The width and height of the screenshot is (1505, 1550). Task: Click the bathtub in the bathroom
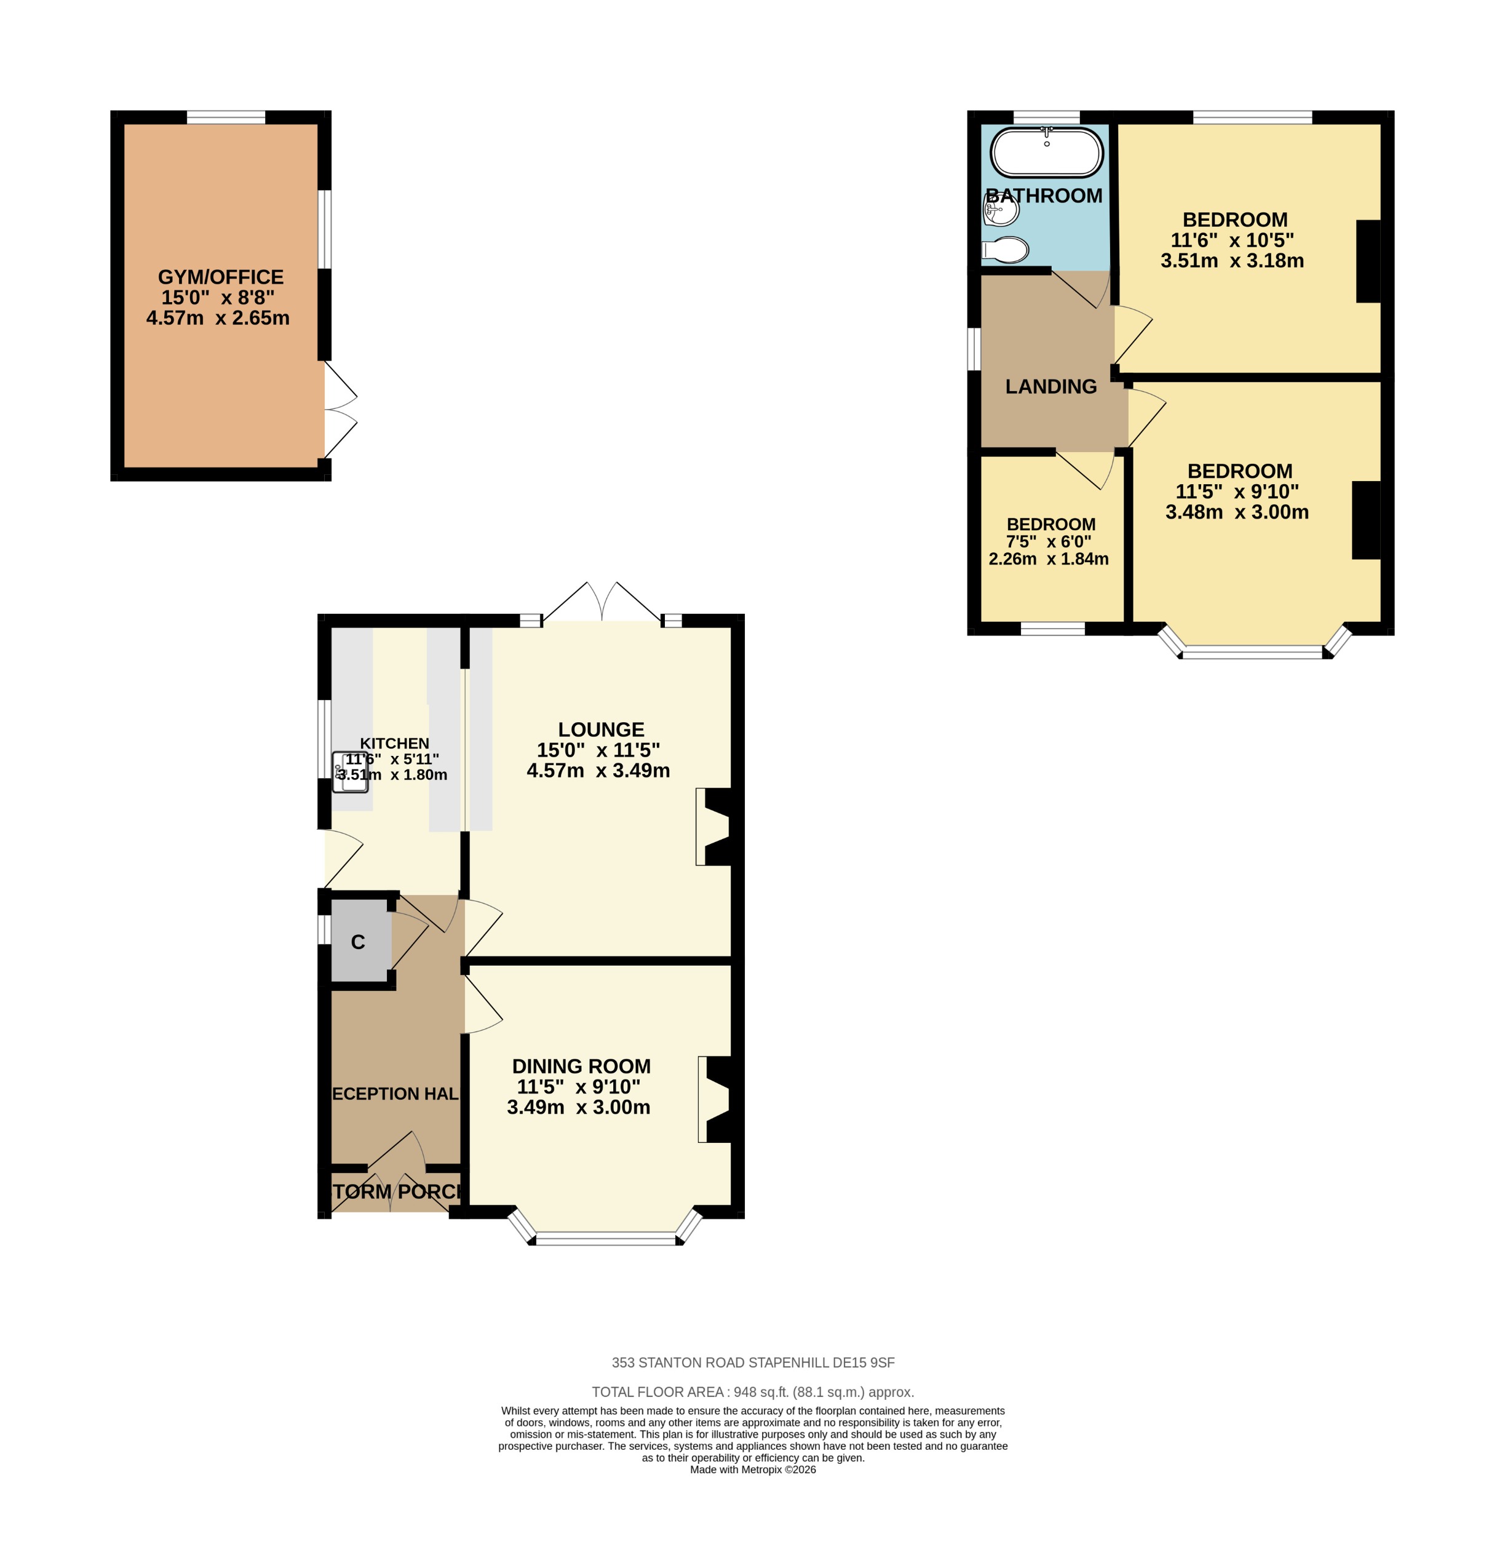[x=1046, y=153]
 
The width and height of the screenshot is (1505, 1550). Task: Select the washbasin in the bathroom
[x=1001, y=210]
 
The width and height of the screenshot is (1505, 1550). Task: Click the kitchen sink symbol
[x=349, y=772]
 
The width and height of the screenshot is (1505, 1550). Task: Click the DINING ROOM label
[x=581, y=1066]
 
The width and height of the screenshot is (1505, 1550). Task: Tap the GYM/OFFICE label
[x=221, y=277]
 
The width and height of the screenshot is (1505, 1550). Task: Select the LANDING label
[x=1050, y=387]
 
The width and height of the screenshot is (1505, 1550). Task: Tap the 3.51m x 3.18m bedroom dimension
[x=1231, y=261]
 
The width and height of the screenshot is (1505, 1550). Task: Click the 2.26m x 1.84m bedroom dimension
[x=1048, y=559]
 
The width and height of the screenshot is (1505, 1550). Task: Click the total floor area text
[x=752, y=1392]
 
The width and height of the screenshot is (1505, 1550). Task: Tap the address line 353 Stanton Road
[x=752, y=1362]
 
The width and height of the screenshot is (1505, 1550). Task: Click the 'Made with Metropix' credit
[x=752, y=1469]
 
